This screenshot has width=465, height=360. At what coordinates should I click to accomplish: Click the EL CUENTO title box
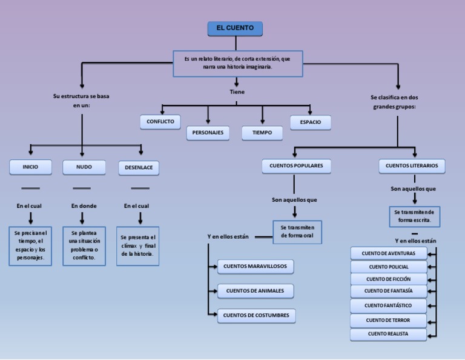[x=235, y=28]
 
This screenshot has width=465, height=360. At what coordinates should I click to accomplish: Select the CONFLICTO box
[x=160, y=122]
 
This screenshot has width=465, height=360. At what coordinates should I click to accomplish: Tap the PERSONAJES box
[x=208, y=132]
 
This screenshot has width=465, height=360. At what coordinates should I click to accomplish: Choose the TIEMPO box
[x=262, y=132]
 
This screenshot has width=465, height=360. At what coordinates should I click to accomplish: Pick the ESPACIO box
[x=310, y=122]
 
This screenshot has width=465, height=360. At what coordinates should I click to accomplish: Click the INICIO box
[x=30, y=167]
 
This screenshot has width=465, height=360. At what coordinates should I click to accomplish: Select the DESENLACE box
[x=139, y=167]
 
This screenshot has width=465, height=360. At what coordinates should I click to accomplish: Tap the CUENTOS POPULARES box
[x=296, y=165]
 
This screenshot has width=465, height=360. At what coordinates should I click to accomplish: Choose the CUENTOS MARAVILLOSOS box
[x=256, y=266]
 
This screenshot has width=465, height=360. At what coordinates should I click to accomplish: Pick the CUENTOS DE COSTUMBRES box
[x=256, y=315]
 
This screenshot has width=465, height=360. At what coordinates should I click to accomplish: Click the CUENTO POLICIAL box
[x=389, y=267]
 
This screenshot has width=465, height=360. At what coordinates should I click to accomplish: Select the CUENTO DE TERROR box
[x=388, y=320]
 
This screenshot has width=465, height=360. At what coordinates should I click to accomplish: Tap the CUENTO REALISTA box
[x=388, y=334]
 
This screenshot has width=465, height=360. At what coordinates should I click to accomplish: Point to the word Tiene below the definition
[x=237, y=92]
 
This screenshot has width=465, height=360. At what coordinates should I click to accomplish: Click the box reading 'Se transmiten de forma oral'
[x=297, y=232]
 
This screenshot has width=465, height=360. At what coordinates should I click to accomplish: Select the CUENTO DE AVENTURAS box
[x=389, y=253]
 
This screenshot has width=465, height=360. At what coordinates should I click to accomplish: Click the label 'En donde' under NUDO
[x=84, y=206]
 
